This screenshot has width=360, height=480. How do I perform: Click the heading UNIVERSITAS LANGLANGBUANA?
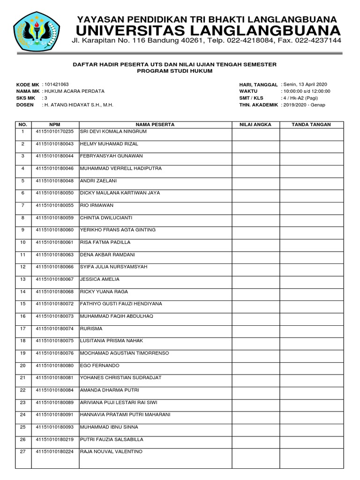(207, 31)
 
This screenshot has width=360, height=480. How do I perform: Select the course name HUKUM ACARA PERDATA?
(74, 91)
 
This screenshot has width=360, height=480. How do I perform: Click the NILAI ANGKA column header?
(255, 125)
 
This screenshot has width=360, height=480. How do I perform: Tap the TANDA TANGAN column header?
(311, 125)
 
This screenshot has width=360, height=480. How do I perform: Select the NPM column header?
(54, 125)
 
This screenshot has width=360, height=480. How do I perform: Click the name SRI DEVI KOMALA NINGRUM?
(114, 131)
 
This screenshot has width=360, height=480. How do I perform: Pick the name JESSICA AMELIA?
(100, 279)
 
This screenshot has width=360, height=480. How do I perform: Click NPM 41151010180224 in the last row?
(54, 452)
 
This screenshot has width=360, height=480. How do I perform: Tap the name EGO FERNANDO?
(100, 366)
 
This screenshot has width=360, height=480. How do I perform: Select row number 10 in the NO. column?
(22, 242)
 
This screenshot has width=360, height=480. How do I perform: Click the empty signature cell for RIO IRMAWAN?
(311, 205)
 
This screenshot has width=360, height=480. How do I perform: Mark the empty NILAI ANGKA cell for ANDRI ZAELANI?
(255, 181)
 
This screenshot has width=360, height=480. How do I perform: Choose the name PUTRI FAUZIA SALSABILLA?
(112, 440)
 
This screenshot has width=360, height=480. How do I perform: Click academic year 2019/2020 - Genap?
(303, 105)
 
